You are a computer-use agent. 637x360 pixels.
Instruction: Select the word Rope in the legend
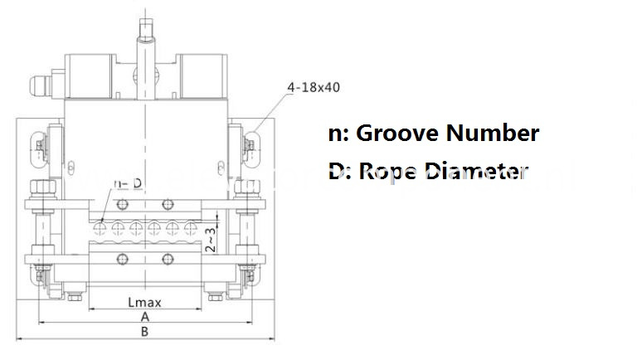coord(388,172)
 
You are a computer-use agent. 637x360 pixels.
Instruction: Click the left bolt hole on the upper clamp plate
coord(121,204)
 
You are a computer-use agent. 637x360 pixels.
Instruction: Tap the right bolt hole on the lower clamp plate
coord(167,256)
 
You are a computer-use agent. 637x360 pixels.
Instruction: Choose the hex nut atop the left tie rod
coord(37,187)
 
